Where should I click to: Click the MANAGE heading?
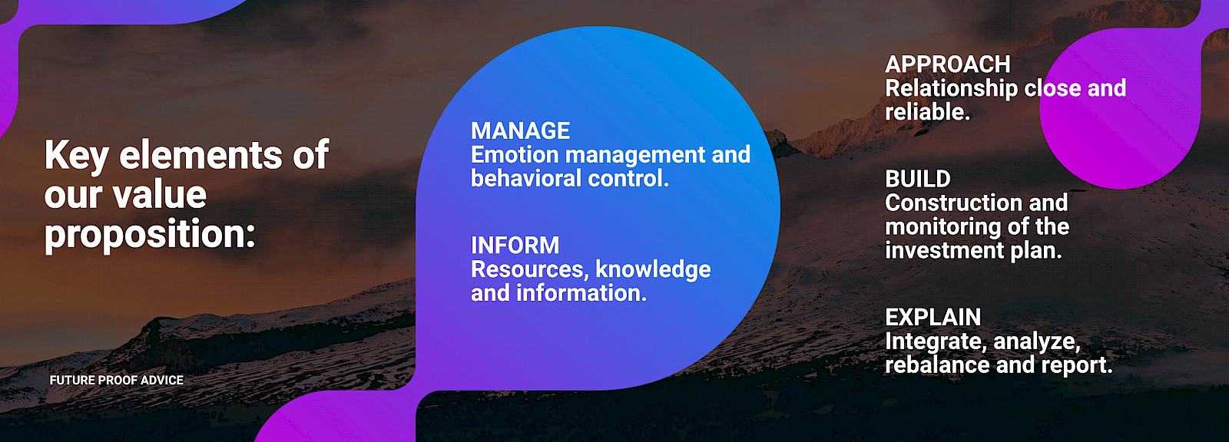[x=521, y=131]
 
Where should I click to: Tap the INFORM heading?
[x=515, y=246]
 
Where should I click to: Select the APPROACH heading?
[x=948, y=64]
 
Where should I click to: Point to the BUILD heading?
[x=918, y=180]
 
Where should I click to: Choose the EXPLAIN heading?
[x=933, y=318]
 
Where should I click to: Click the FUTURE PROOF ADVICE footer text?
[x=116, y=380]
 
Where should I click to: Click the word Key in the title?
[x=77, y=156]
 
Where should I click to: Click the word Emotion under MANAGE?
[x=515, y=155]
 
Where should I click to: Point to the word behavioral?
[x=526, y=178]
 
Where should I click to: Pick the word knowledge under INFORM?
[x=653, y=270]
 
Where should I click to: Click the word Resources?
[x=530, y=270]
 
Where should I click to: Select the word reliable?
[x=928, y=113]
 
